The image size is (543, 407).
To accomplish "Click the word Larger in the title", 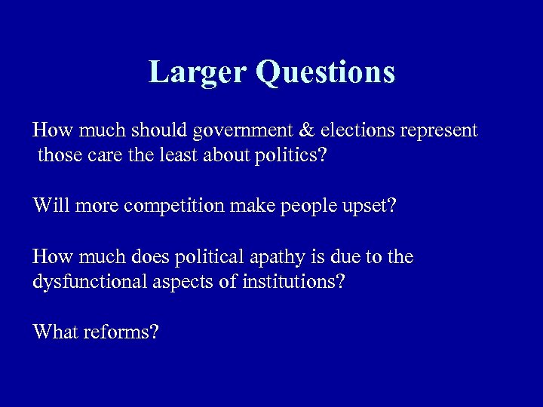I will click(x=198, y=72).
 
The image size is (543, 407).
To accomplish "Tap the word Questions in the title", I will click(x=325, y=72).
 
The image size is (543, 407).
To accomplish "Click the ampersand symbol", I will click(x=307, y=130).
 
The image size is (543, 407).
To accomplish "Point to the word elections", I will click(x=354, y=130).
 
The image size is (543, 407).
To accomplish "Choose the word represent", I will click(x=438, y=132).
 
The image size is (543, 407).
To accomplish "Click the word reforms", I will click(x=121, y=332).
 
